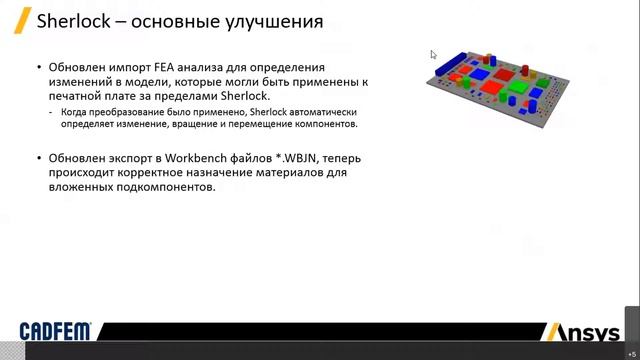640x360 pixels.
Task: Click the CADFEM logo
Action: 56,332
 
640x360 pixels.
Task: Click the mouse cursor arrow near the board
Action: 433,55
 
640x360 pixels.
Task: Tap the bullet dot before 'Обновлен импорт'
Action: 39,67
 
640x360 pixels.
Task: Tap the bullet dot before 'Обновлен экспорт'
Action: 39,158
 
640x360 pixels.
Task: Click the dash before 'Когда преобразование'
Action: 52,113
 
